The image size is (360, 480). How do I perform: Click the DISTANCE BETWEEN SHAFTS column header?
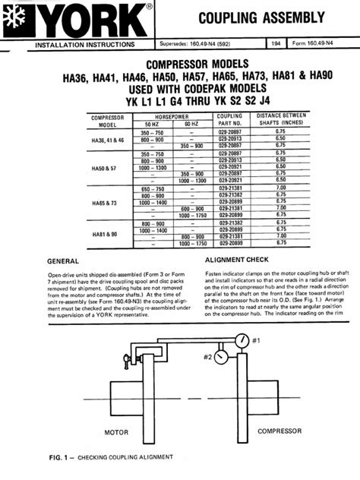pyautogui.click(x=301, y=120)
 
